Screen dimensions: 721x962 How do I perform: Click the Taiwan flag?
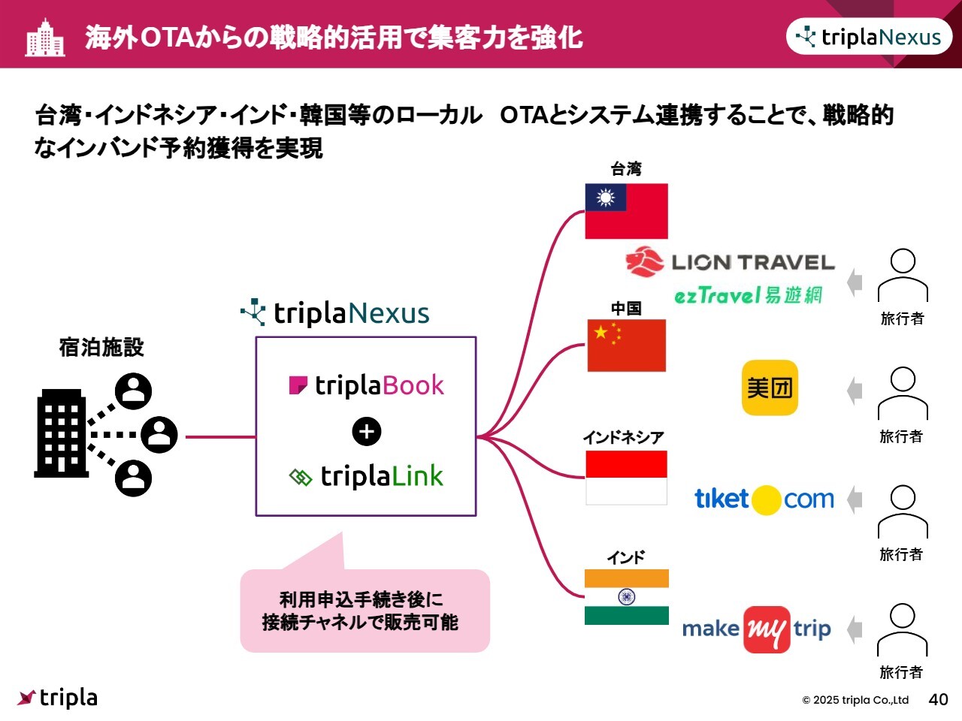click(626, 211)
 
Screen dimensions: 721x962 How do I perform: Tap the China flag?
click(626, 345)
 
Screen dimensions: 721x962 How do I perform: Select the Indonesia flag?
click(626, 478)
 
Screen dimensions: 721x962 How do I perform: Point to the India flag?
click(626, 597)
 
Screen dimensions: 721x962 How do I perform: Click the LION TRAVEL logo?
click(730, 262)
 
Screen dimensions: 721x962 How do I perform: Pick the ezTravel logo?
click(748, 295)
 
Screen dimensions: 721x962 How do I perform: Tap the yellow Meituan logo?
click(770, 388)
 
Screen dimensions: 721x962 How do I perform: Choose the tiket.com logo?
click(764, 499)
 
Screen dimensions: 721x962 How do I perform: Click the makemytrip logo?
click(756, 629)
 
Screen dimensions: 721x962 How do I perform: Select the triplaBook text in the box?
click(367, 386)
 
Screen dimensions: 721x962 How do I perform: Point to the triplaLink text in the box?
click(367, 476)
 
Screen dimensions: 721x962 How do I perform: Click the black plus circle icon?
click(367, 431)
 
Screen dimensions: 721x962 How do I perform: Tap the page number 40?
click(938, 699)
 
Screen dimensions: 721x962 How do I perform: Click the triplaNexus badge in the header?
click(869, 37)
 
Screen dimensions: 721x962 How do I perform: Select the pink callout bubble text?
click(361, 611)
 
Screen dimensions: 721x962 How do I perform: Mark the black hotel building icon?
click(62, 433)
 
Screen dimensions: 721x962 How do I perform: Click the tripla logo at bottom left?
click(58, 698)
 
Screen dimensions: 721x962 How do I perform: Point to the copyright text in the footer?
click(855, 700)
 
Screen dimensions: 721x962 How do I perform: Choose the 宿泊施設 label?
click(101, 347)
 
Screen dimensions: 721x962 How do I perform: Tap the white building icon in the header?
click(45, 38)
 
